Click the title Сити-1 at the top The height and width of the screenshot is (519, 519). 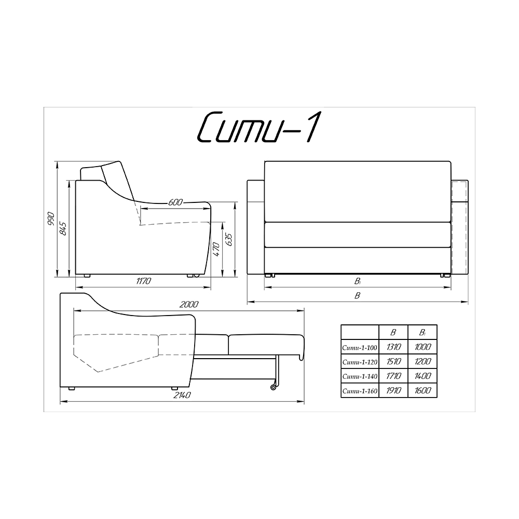258,128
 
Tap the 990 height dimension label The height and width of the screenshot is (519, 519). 51,218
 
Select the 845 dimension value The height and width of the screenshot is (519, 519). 63,229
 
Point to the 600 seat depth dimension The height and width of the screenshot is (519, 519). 175,202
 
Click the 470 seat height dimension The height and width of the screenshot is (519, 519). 215,250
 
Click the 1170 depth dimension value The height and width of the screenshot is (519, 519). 143,281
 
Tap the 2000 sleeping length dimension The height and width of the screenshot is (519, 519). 189,304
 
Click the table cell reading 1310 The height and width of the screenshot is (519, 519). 393,347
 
